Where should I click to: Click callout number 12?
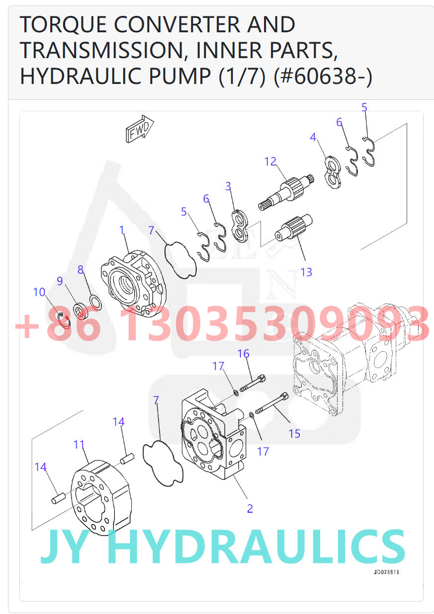270,161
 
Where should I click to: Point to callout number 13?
306,272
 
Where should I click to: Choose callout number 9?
60,281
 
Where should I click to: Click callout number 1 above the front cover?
121,230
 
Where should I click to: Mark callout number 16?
243,354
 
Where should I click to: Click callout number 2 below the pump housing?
250,508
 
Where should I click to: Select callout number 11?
80,444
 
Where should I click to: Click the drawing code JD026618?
386,572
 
